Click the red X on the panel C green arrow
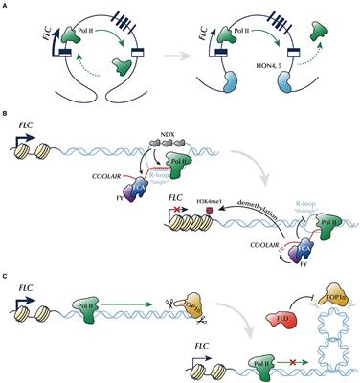[x=277, y=363]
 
